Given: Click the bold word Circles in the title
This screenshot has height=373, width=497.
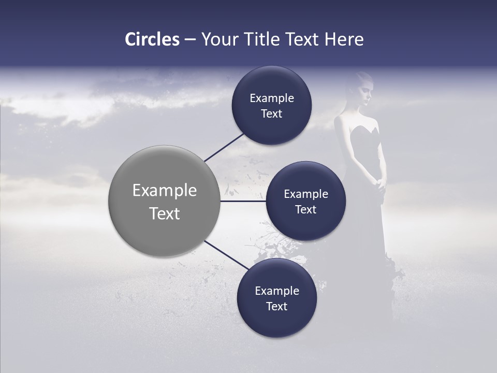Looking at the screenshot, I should [x=152, y=39].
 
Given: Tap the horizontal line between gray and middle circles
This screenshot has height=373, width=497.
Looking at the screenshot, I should [x=243, y=201].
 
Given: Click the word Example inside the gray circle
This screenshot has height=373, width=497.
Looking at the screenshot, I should [x=164, y=190].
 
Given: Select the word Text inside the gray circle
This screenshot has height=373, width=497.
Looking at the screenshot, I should [x=164, y=213].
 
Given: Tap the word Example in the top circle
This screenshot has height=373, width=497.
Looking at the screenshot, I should [x=271, y=98].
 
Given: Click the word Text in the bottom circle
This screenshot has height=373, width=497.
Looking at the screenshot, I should [x=276, y=306].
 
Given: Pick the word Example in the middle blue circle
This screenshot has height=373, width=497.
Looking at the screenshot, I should [x=305, y=194].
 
